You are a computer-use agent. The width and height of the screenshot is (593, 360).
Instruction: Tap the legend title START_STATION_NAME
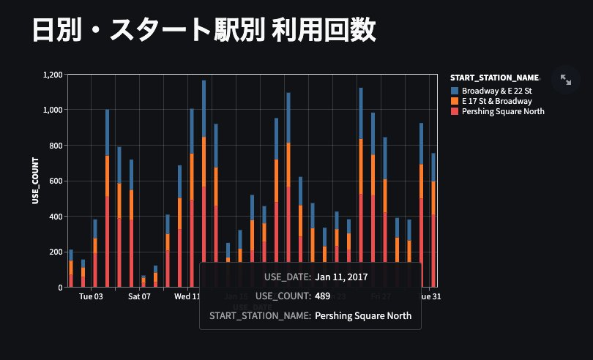(494, 78)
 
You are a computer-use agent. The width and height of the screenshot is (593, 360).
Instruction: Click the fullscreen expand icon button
(566, 80)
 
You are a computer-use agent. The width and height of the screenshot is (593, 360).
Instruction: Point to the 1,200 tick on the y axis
(53, 75)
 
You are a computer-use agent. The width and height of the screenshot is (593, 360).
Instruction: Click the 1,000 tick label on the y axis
(53, 110)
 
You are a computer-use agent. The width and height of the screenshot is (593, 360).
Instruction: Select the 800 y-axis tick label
(56, 146)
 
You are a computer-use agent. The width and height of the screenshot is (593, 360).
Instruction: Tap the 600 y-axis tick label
(56, 181)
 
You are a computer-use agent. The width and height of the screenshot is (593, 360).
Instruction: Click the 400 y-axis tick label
(56, 217)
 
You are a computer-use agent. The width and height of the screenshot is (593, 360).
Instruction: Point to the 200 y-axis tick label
(56, 252)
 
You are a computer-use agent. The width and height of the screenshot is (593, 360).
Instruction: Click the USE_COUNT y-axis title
(34, 180)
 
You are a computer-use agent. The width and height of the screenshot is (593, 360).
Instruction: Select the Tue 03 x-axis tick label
(91, 297)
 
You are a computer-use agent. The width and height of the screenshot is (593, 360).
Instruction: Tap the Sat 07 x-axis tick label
(138, 297)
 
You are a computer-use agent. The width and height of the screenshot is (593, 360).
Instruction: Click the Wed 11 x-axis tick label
(187, 297)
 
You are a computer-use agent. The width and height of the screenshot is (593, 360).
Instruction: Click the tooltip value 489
(322, 297)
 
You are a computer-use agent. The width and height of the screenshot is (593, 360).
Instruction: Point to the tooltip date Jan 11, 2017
(341, 277)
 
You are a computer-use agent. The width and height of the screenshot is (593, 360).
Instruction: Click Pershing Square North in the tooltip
(363, 316)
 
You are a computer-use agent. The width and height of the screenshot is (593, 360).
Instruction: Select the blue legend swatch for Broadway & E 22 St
(455, 90)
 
